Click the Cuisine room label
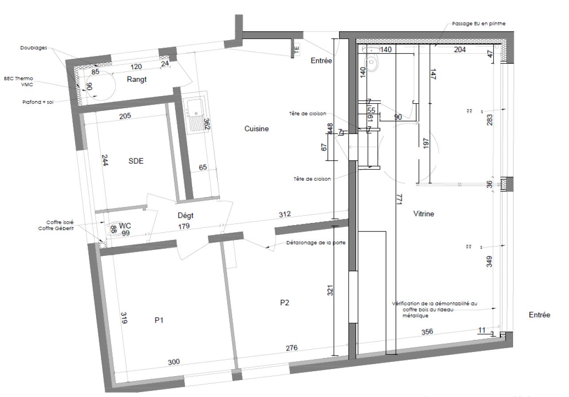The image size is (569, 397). (256, 129)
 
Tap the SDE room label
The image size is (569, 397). (136, 162)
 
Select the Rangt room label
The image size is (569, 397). (136, 80)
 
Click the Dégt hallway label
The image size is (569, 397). (186, 216)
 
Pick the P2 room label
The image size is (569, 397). (284, 303)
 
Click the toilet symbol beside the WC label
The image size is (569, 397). (116, 228)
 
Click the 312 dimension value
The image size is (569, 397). (284, 215)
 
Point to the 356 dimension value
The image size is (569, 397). (427, 332)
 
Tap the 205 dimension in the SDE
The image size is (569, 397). (125, 117)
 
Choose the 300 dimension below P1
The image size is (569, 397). (174, 361)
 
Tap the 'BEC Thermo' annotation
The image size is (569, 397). (19, 78)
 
